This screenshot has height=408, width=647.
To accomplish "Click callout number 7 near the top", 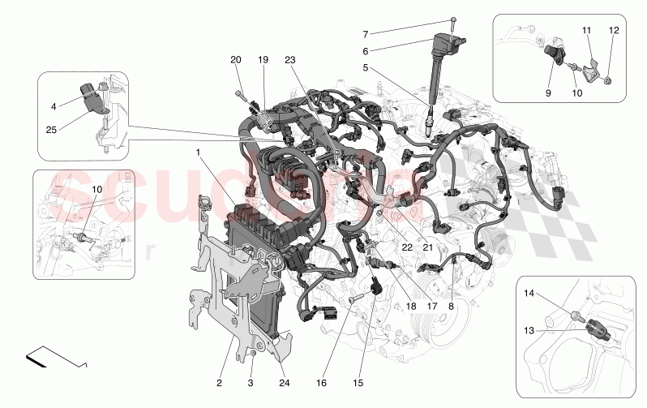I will click(366, 34).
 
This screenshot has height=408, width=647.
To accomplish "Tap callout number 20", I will click(236, 59).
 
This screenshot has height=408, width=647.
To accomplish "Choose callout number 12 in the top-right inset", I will click(613, 30).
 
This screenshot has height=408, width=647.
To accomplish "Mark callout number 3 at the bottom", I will click(251, 381).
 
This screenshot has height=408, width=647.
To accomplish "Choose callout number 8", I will click(451, 307).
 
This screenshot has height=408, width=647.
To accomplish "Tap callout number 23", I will click(290, 59).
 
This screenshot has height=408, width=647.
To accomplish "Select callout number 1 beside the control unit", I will click(197, 152).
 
